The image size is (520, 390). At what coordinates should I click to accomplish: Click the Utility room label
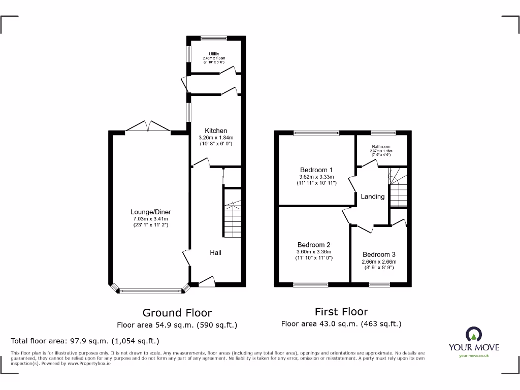pos(213,54)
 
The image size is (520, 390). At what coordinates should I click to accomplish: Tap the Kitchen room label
pos(216,131)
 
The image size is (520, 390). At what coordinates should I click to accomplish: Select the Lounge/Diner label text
pos(151,212)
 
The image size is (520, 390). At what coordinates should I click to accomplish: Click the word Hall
pos(216,252)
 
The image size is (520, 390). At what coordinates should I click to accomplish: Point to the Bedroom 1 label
pos(316,170)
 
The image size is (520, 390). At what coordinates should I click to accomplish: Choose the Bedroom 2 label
pos(314,245)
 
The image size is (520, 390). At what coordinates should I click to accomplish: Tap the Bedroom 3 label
pos(379,254)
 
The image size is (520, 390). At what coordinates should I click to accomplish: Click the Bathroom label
pos(381,146)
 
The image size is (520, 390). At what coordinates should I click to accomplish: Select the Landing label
pos(373,197)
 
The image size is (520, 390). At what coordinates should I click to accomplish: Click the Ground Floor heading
pos(177,313)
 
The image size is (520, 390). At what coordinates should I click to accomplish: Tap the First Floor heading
pos(341,312)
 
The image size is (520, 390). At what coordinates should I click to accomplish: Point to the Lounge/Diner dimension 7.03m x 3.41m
pos(151,219)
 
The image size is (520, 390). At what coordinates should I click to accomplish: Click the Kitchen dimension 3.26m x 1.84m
pos(216,138)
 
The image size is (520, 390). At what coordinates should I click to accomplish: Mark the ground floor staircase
pos(232,213)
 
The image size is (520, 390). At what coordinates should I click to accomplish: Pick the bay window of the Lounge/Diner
pos(150,290)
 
